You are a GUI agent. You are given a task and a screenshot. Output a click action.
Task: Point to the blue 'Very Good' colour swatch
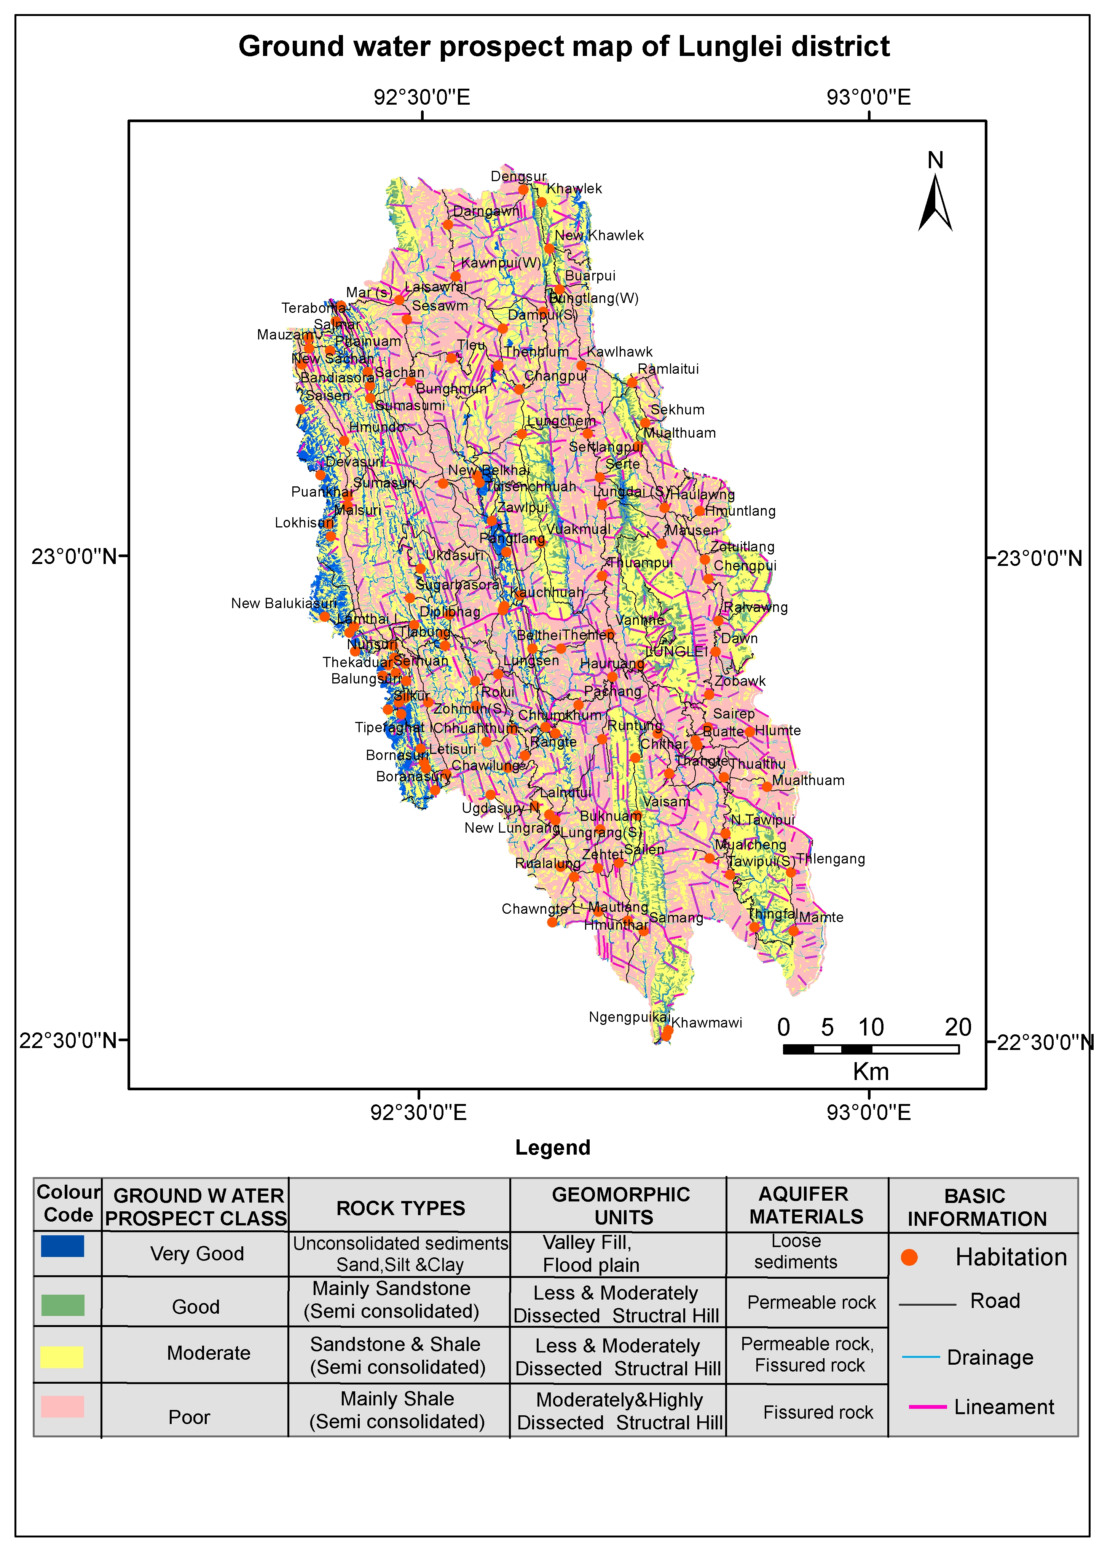click(62, 1246)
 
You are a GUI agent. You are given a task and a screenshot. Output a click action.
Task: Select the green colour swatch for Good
click(62, 1304)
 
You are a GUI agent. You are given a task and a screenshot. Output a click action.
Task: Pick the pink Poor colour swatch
click(62, 1407)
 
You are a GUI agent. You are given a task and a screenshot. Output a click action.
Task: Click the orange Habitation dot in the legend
click(909, 1257)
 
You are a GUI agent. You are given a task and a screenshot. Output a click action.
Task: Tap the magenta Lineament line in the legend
click(928, 1407)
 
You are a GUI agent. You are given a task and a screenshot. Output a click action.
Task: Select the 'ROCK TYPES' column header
click(400, 1208)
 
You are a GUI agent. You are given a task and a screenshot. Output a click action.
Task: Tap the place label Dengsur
click(518, 177)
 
